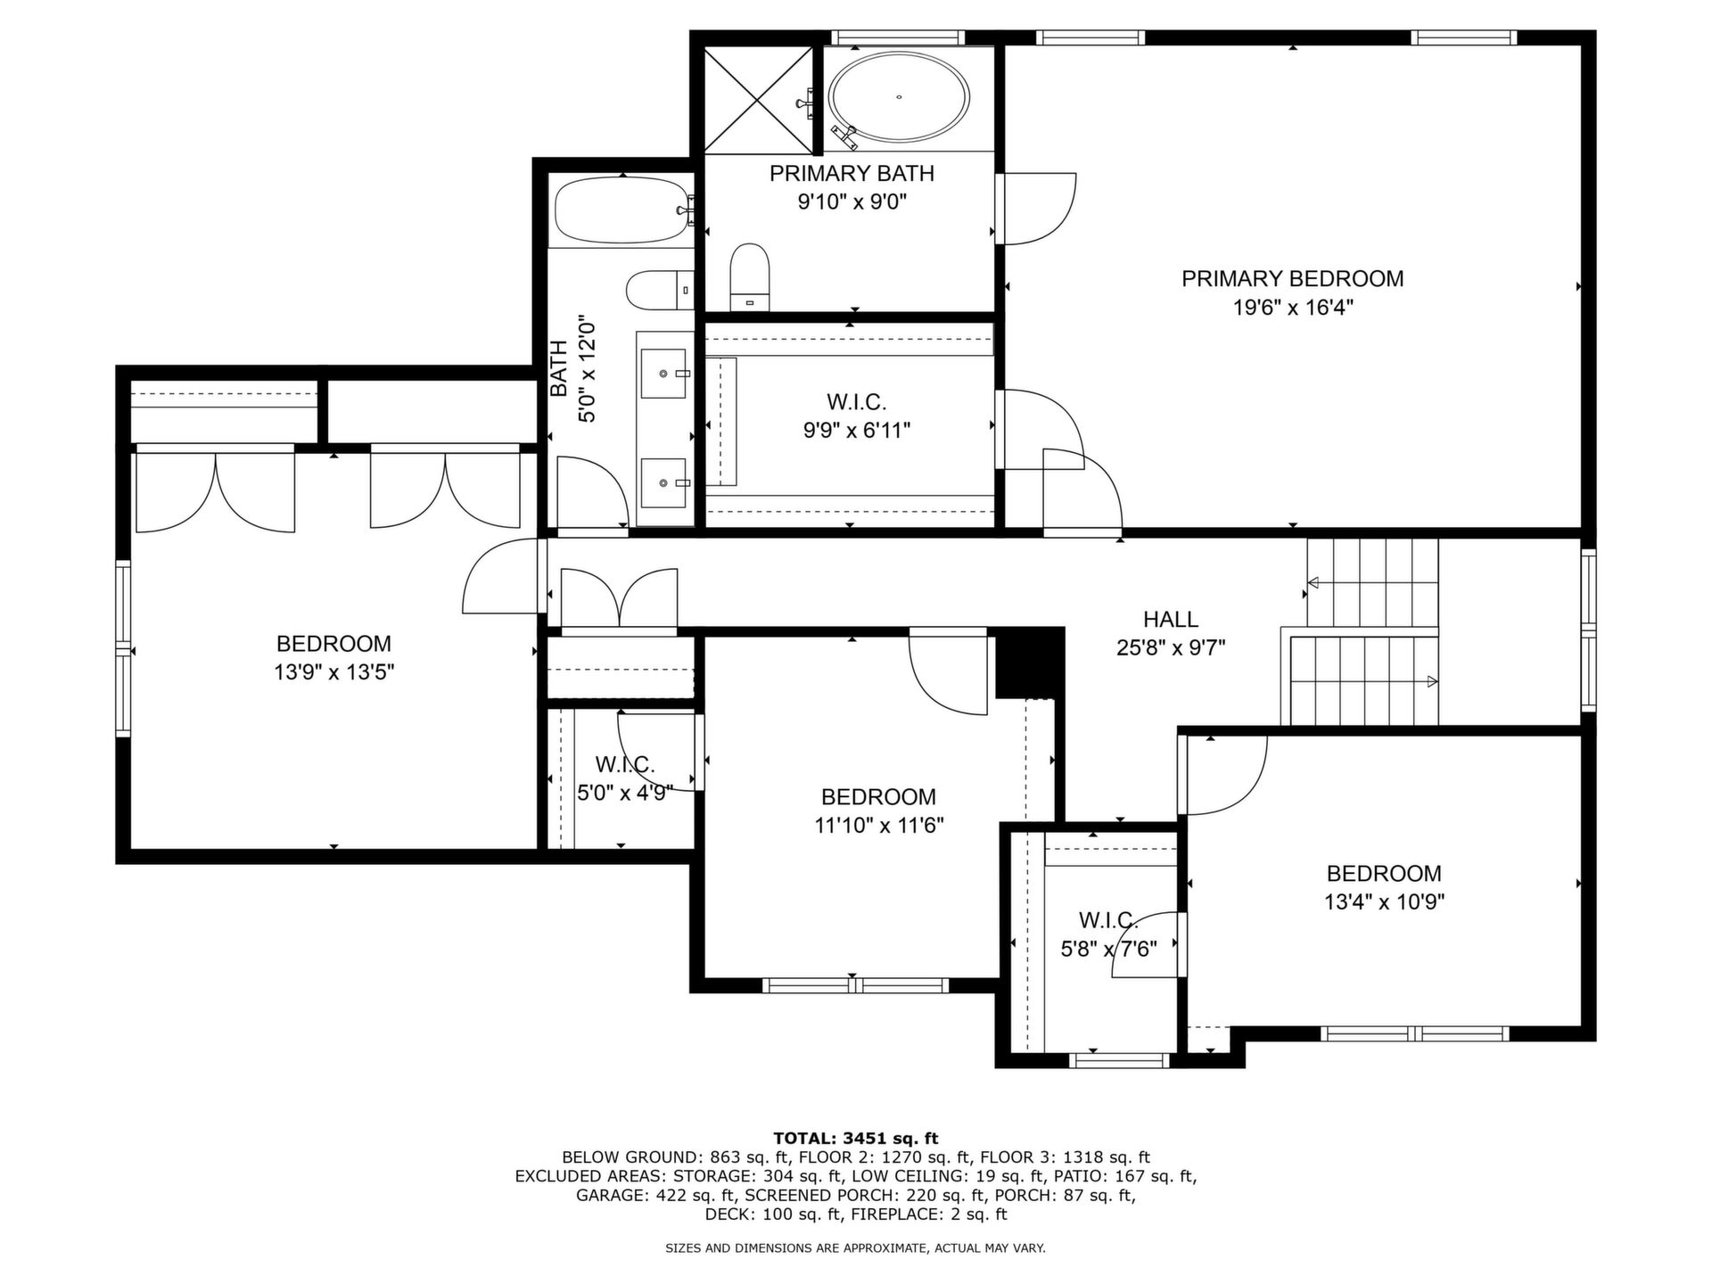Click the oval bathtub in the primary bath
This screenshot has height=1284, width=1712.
pos(899,96)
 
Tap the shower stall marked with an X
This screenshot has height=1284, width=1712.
pos(759,100)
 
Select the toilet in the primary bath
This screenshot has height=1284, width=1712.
pos(749,276)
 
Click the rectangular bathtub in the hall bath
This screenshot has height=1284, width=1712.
pos(621,210)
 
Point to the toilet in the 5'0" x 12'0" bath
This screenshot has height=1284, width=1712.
pos(660,290)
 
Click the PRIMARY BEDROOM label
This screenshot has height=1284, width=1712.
pos(1292,279)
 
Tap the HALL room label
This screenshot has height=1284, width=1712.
pos(1171,619)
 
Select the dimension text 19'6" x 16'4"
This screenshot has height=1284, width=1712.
pos(1293,308)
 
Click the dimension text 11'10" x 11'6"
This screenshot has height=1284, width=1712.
pos(878,826)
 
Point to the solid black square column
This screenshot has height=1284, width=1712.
pos(1030,663)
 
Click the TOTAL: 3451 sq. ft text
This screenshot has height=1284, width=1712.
pos(856,1138)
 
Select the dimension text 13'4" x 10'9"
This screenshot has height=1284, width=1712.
pos(1384,901)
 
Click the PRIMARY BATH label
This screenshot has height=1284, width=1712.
pos(852,173)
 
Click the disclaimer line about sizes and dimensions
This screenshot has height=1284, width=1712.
pos(856,1248)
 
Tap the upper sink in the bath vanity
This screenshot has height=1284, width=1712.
pos(664,373)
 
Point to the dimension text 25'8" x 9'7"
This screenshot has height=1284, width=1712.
pos(1171,648)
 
